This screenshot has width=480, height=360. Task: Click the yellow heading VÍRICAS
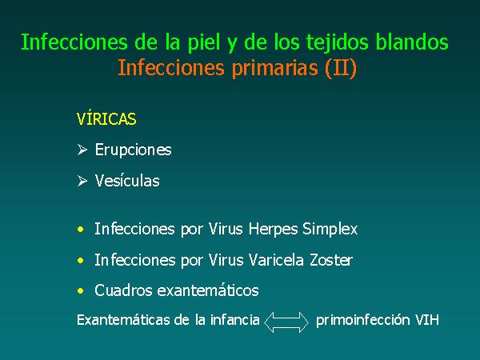[x=106, y=118]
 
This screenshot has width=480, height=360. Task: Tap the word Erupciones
[x=133, y=150]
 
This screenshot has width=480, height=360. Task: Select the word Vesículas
[x=127, y=181]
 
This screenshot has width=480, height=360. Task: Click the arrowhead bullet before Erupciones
[x=82, y=150]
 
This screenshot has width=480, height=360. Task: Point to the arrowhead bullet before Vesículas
[x=82, y=181]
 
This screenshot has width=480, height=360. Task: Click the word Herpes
[x=273, y=230]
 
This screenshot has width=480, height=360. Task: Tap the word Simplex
[x=330, y=230]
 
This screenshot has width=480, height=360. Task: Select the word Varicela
[x=276, y=260]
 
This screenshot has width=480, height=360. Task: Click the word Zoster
[x=331, y=260]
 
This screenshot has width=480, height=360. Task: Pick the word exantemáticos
[x=208, y=290]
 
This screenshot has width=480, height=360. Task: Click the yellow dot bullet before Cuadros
[x=81, y=290]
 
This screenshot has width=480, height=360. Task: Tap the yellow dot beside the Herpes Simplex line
[x=81, y=230]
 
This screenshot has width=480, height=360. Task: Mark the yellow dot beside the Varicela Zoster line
[x=81, y=261]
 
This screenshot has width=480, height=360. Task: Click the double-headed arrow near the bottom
[x=286, y=322]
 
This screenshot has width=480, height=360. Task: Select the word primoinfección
[x=362, y=321]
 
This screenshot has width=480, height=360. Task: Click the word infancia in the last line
[x=234, y=320]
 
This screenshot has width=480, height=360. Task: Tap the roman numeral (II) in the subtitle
[x=341, y=68]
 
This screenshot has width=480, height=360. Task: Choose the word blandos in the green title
[x=412, y=42]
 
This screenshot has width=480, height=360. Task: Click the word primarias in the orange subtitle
[x=274, y=68]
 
